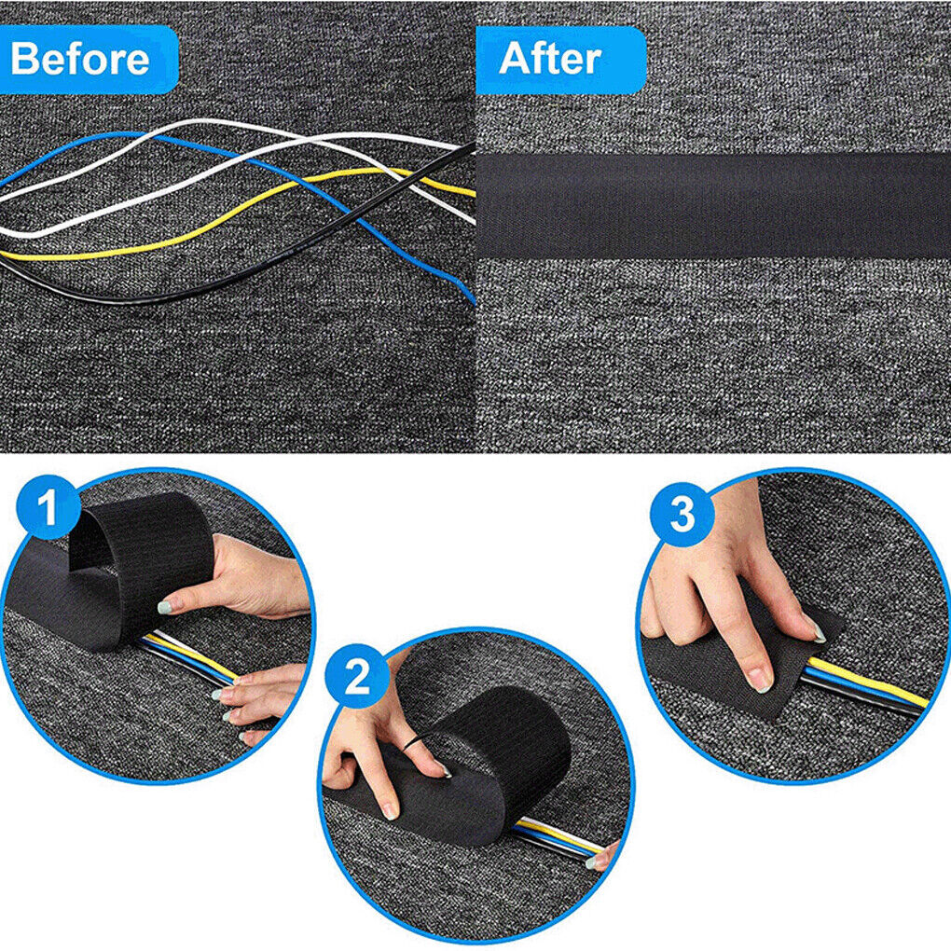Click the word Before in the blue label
[x=80, y=60]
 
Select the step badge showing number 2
[x=357, y=679]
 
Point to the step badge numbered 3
[x=682, y=514]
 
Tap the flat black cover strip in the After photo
[x=713, y=205]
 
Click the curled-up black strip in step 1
[x=140, y=550]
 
